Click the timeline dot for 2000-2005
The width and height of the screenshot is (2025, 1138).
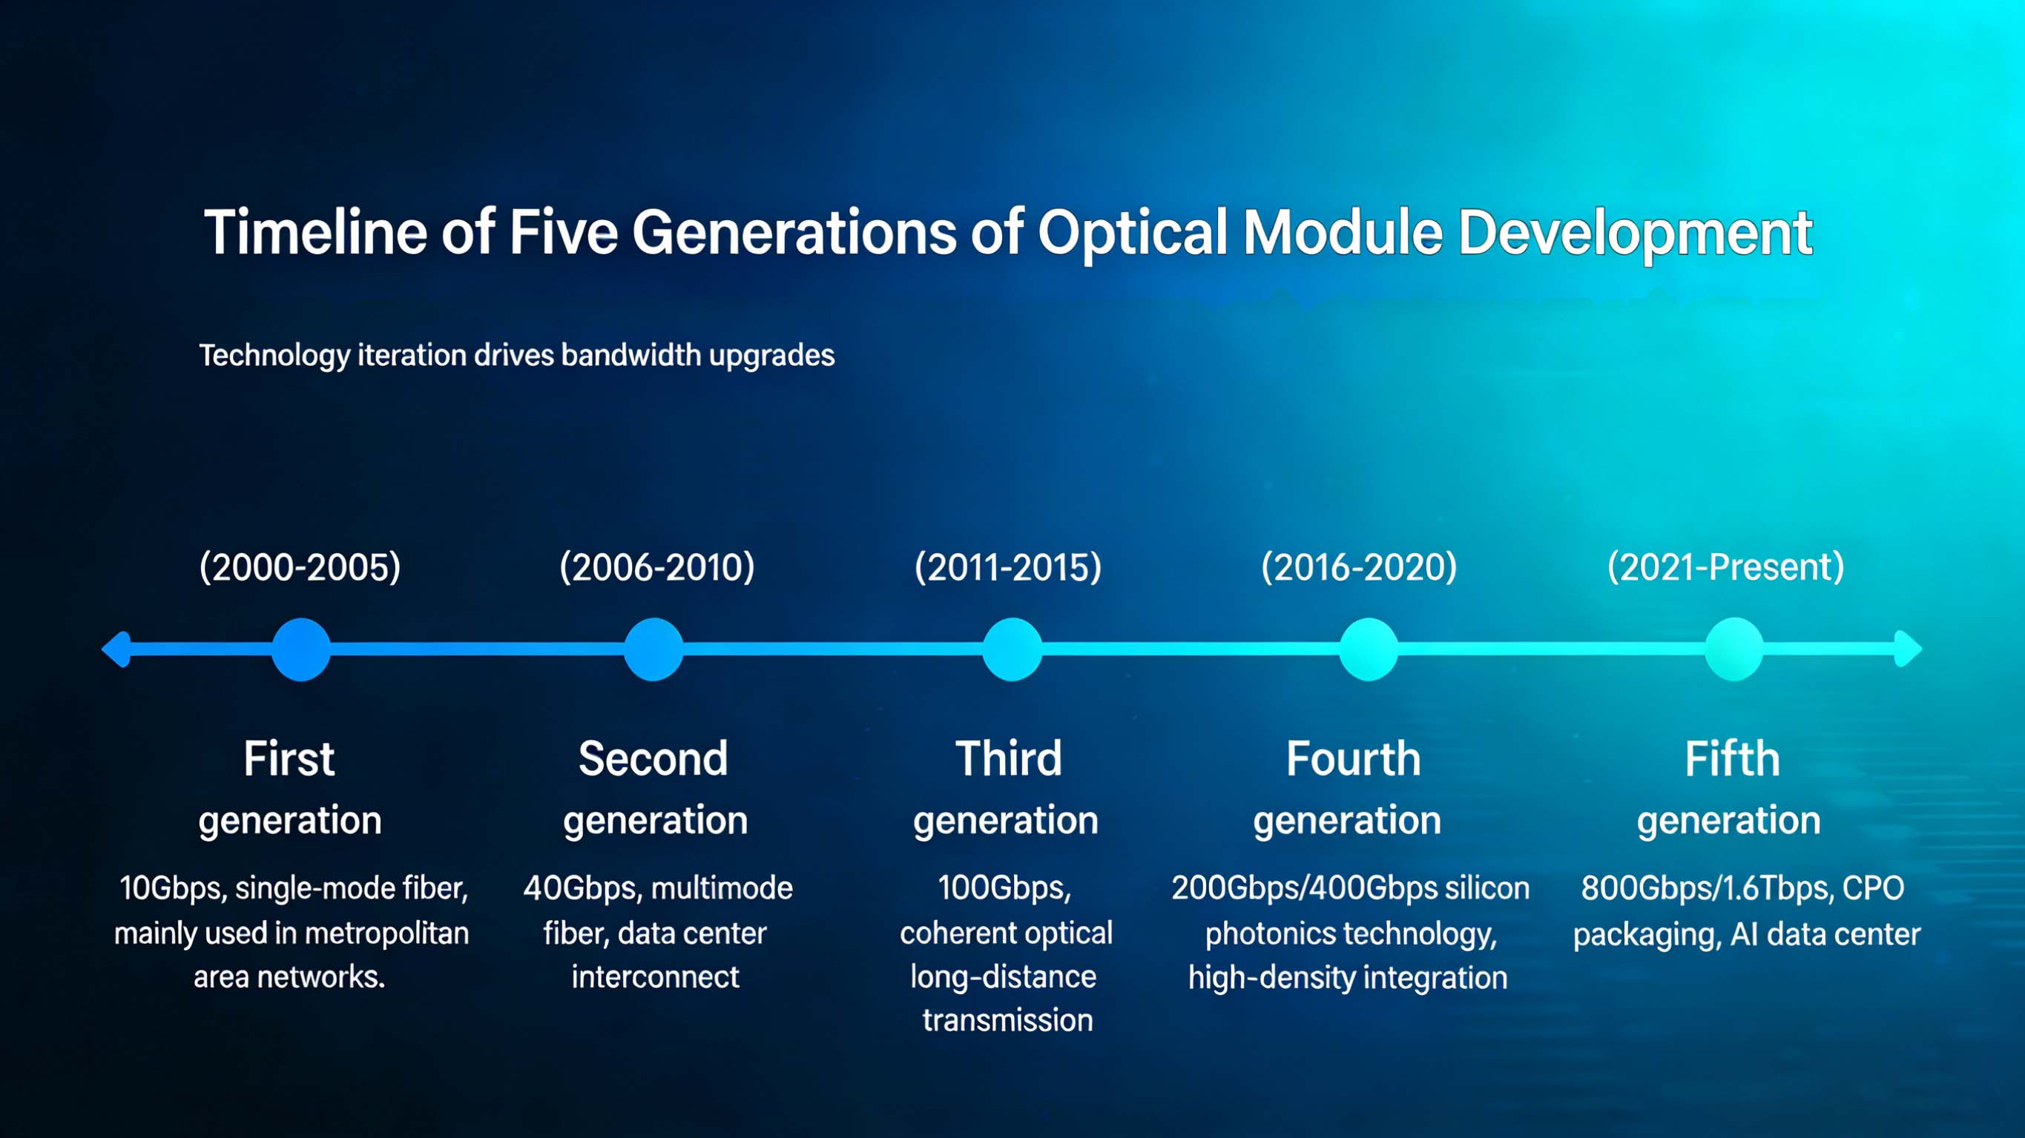click(x=301, y=649)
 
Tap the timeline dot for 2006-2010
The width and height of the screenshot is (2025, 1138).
click(x=653, y=649)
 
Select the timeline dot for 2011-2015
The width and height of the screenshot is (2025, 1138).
click(x=1012, y=649)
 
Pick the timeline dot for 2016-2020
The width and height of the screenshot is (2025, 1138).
click(x=1369, y=649)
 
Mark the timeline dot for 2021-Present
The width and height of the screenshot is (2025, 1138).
click(x=1734, y=649)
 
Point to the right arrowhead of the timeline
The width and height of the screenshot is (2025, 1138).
click(x=1909, y=649)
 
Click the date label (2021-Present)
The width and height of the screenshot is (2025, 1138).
click(x=1725, y=566)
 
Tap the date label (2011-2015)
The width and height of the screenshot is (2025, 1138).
click(x=1008, y=566)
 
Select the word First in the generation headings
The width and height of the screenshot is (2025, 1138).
click(x=289, y=758)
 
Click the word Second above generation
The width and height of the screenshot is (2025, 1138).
click(x=653, y=758)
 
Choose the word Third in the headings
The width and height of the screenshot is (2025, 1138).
click(x=1009, y=758)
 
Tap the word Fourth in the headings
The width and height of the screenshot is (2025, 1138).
click(x=1354, y=758)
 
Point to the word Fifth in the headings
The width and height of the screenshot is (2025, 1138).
click(x=1733, y=758)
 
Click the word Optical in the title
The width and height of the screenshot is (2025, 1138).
click(x=1133, y=233)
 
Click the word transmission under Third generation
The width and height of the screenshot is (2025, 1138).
click(x=1008, y=1020)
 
